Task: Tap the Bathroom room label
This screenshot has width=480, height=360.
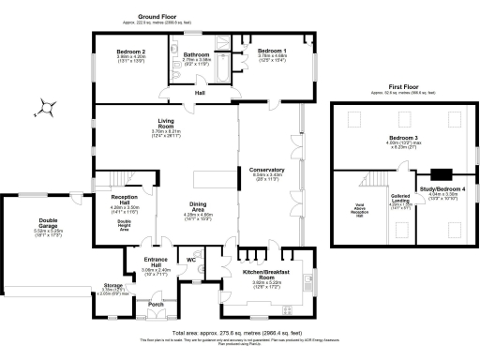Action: point(196,54)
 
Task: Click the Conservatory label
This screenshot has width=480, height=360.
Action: point(267,170)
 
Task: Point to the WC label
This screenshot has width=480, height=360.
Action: point(190,260)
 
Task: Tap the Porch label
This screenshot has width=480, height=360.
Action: point(156,305)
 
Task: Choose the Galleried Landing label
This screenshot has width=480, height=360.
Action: point(400,198)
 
